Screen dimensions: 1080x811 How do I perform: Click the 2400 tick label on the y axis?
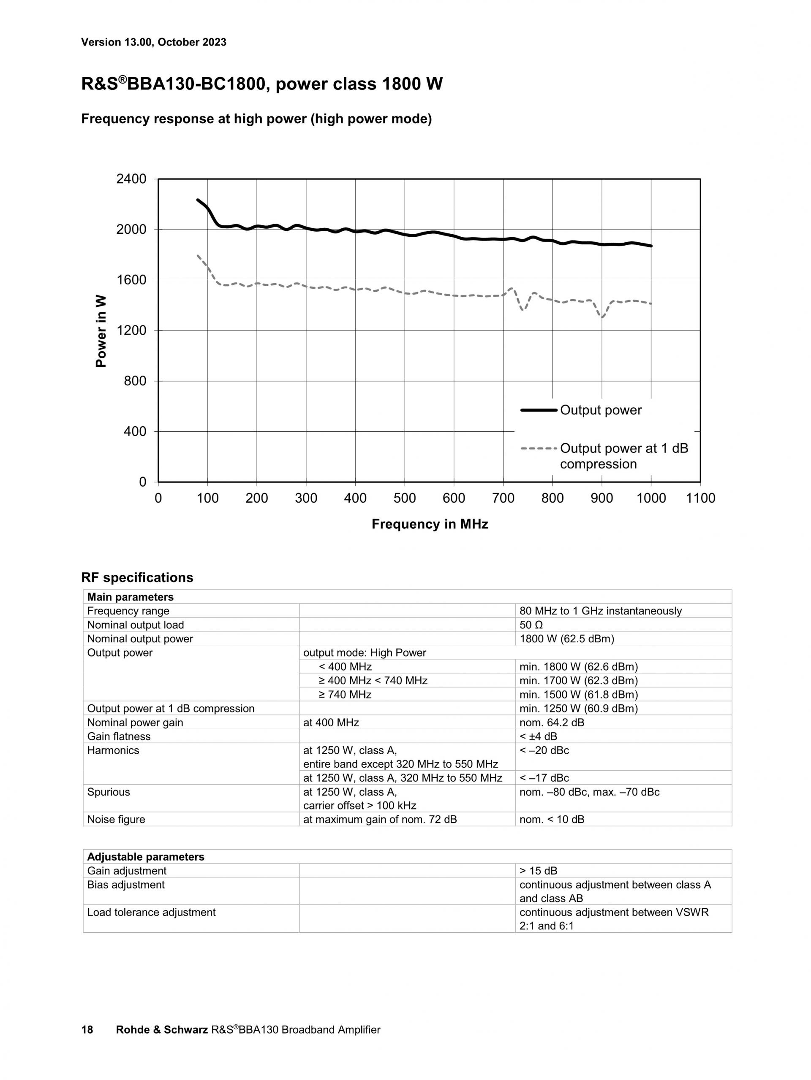click(131, 179)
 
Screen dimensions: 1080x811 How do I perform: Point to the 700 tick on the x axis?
click(503, 498)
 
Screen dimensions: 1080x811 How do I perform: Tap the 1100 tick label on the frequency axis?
click(700, 498)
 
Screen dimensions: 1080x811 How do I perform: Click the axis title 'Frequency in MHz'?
click(430, 524)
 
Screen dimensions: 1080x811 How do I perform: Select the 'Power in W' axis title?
click(101, 330)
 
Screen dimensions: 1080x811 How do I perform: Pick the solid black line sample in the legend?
click(539, 410)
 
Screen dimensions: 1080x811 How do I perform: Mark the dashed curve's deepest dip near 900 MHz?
click(602, 317)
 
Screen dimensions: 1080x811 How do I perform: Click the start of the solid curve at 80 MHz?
click(197, 200)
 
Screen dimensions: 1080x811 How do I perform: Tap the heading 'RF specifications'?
click(137, 578)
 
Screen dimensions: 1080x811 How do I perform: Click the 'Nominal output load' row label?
click(135, 625)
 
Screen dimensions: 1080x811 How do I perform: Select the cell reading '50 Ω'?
click(531, 625)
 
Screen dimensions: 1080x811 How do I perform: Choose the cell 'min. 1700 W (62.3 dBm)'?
click(578, 681)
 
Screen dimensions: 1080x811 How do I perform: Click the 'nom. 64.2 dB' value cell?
click(552, 723)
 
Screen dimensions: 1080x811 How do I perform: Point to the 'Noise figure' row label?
click(116, 819)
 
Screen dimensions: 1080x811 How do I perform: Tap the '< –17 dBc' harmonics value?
click(544, 778)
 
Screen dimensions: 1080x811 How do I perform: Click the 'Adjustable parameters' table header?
click(146, 857)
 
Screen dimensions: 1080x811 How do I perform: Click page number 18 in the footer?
click(87, 1030)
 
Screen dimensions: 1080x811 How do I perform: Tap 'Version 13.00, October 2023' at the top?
click(153, 42)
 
